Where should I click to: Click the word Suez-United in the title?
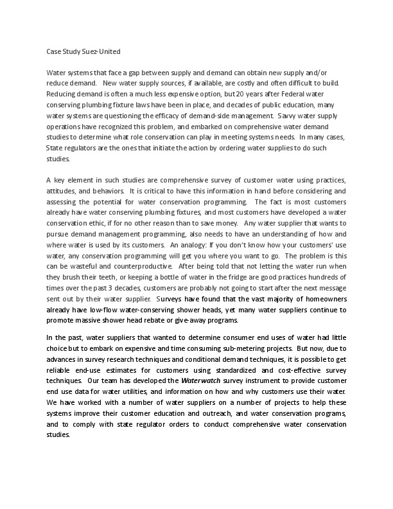click(99, 50)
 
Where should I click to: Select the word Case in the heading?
click(54, 50)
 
